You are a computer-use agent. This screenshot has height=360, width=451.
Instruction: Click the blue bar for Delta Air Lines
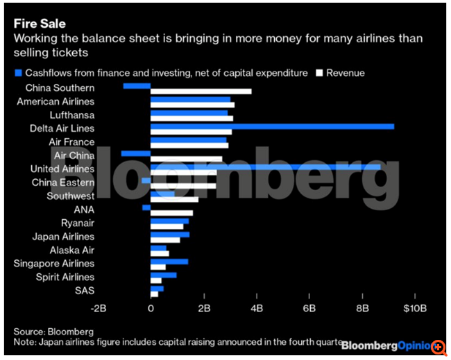click(x=272, y=126)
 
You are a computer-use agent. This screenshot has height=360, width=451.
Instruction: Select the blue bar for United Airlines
click(x=265, y=166)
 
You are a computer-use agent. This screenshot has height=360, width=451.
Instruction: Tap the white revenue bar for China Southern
click(x=201, y=92)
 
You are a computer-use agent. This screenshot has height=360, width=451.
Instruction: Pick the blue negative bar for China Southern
click(x=137, y=85)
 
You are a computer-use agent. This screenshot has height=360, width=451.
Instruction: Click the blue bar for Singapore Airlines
click(x=169, y=261)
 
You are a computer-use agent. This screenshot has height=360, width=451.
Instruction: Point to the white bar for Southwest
click(x=174, y=200)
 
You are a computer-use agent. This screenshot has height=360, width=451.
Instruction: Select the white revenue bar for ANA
click(x=171, y=213)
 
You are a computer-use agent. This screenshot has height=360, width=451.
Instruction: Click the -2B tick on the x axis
click(x=98, y=308)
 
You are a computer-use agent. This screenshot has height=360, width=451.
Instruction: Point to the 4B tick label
click(x=257, y=308)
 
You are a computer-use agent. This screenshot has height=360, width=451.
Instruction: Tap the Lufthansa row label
click(x=72, y=115)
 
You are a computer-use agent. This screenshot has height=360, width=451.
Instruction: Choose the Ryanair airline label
click(x=78, y=223)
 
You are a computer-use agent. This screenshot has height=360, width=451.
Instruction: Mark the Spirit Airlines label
click(x=65, y=277)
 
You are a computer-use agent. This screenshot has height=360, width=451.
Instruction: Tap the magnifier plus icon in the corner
click(x=439, y=345)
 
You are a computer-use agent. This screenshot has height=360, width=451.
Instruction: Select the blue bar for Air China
click(x=135, y=153)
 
